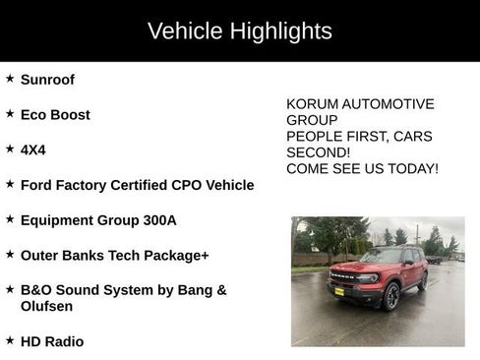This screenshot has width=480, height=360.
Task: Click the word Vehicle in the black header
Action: coord(185,31)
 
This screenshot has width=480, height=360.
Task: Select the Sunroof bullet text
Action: coord(47,80)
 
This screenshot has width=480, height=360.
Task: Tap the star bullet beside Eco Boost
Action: coord(10,114)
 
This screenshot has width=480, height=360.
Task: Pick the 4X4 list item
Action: coord(33,150)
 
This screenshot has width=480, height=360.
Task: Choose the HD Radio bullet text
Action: coord(52,341)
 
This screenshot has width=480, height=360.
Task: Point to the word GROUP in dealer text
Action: coord(312,120)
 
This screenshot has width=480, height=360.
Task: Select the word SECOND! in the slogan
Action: coord(318,152)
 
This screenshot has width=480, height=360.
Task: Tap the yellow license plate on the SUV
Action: coord(339,291)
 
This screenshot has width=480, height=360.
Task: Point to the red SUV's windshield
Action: coord(382,257)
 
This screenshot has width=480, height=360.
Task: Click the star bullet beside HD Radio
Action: coord(10,340)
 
